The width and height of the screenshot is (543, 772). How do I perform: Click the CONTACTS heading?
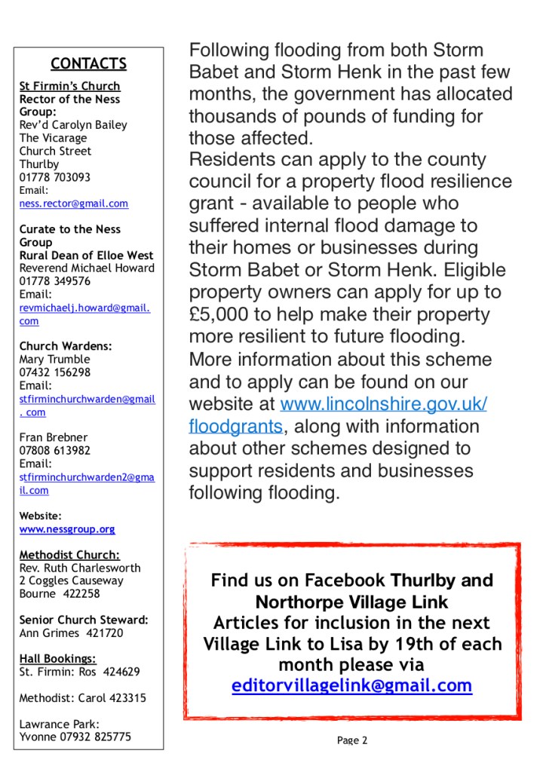[x=88, y=64]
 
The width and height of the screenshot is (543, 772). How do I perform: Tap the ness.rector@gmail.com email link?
[x=73, y=204]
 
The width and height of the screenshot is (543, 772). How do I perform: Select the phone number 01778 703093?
[x=55, y=177]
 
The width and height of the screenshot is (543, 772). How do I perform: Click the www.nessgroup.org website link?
[x=67, y=529]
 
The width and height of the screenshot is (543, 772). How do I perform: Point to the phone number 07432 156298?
[x=55, y=372]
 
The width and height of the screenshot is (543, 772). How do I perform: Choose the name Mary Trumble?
[x=54, y=360]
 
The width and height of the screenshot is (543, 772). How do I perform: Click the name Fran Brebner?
[x=53, y=437]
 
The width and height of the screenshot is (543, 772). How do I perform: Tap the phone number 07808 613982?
[x=55, y=451]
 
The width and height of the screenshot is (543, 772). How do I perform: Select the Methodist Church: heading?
[x=69, y=555]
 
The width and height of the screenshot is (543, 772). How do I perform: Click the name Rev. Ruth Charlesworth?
[x=80, y=568]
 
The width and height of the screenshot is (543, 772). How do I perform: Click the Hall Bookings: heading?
[x=57, y=658]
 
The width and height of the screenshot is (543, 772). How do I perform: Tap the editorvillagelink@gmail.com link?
[x=351, y=685]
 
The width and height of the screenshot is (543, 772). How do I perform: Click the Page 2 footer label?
[x=352, y=740]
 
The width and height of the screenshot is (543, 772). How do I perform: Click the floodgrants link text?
[x=235, y=426]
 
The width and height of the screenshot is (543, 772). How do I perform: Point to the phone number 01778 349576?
[x=55, y=281]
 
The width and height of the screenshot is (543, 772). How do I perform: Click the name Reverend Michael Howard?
[x=87, y=268]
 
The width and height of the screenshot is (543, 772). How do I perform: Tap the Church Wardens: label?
[x=66, y=346]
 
